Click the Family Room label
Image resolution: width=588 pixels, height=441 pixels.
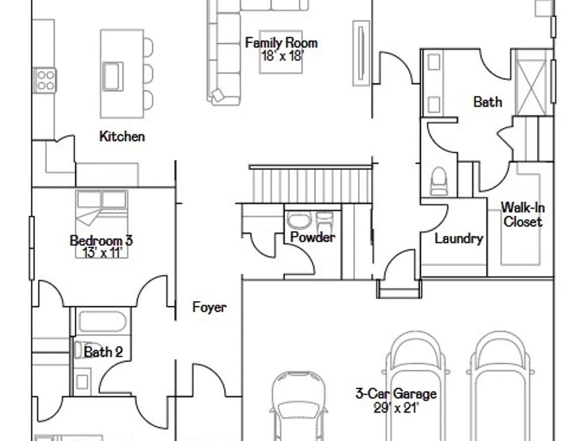(x=281, y=43)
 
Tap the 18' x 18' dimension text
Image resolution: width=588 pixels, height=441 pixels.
(x=282, y=56)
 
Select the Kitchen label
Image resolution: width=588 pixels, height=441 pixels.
(x=122, y=136)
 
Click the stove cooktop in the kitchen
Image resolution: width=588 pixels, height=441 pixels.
(x=46, y=80)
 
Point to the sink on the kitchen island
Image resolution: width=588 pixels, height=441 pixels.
(x=113, y=76)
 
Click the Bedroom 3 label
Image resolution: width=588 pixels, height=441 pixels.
(x=101, y=240)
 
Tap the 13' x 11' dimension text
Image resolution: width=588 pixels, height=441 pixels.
(x=103, y=253)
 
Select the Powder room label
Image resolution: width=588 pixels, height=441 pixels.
(x=313, y=237)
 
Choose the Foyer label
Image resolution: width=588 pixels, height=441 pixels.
(x=210, y=307)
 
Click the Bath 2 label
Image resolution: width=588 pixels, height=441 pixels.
(x=103, y=352)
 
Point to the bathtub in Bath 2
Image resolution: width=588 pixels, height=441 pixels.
(x=102, y=322)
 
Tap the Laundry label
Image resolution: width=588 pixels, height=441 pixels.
(x=459, y=239)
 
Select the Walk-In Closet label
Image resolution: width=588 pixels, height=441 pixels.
(x=523, y=215)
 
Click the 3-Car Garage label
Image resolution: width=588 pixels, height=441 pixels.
(x=396, y=394)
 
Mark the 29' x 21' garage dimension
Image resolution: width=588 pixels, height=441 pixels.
(x=396, y=407)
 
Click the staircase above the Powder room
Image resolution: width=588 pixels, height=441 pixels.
(x=310, y=184)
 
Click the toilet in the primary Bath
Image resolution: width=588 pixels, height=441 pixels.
(x=439, y=181)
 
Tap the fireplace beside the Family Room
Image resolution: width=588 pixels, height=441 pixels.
(x=361, y=54)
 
